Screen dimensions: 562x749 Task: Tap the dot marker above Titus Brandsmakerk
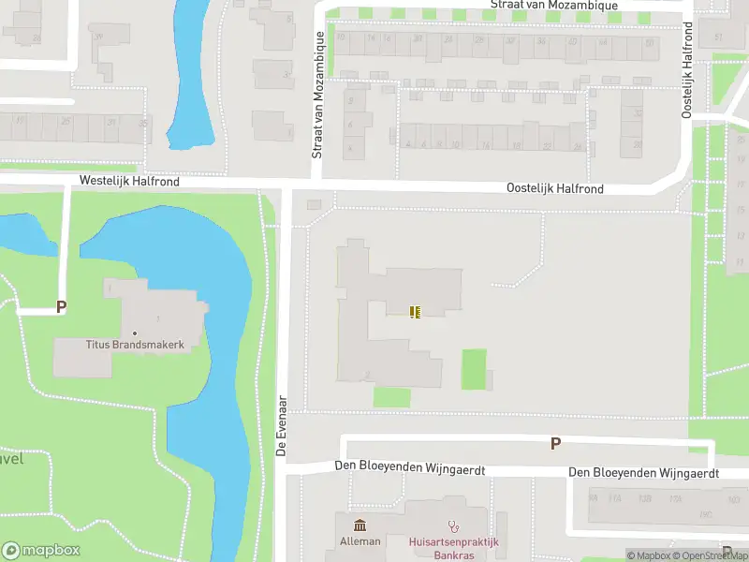pyautogui.click(x=136, y=333)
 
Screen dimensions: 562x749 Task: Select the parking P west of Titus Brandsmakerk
pyautogui.click(x=62, y=306)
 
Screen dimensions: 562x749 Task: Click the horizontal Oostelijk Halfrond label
pyautogui.click(x=554, y=188)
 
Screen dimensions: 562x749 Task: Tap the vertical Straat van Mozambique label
pyautogui.click(x=318, y=94)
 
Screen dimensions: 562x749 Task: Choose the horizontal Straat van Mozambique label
pyautogui.click(x=555, y=6)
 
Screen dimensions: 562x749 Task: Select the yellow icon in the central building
pyautogui.click(x=415, y=311)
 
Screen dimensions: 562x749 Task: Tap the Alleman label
pyautogui.click(x=360, y=541)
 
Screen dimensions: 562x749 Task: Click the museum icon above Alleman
pyautogui.click(x=360, y=526)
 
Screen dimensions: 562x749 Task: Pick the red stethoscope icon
pyautogui.click(x=454, y=526)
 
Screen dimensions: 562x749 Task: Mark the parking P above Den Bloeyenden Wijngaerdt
pyautogui.click(x=555, y=443)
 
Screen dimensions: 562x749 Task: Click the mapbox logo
pyautogui.click(x=41, y=551)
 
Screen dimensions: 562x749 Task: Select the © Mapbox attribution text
pyautogui.click(x=649, y=556)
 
